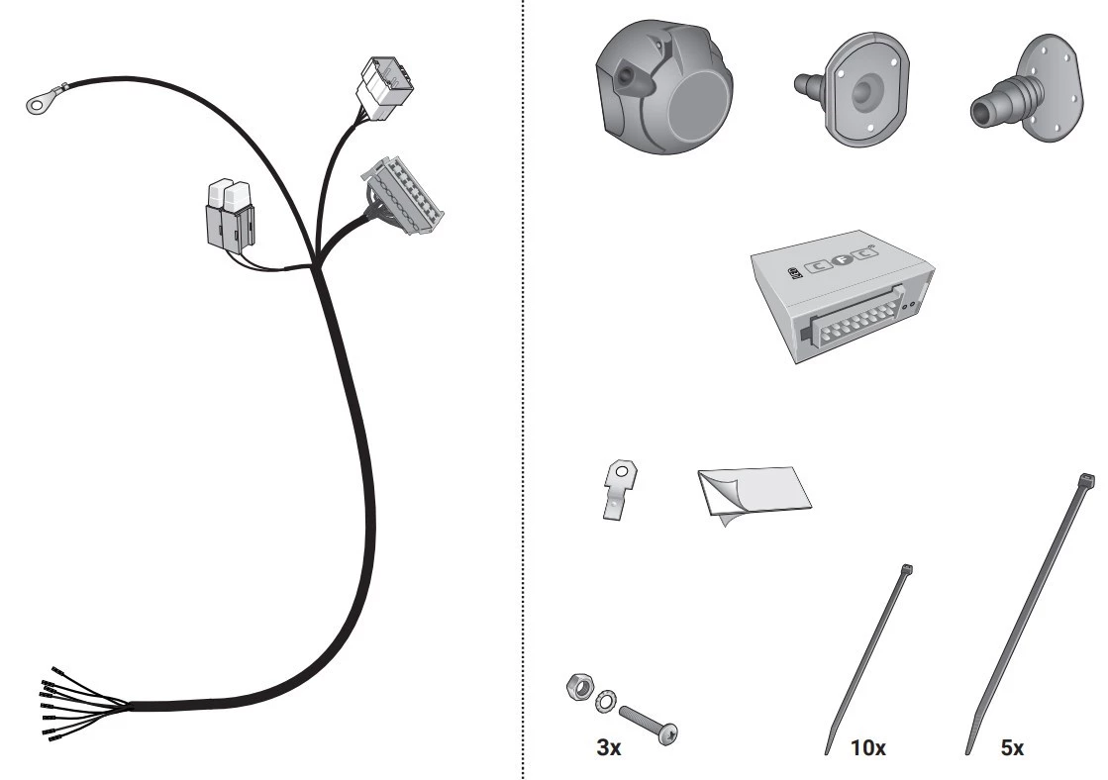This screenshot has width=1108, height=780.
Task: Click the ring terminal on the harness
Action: click(37, 104)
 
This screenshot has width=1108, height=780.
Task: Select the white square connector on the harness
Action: click(386, 90)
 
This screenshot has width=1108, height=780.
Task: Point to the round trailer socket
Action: click(662, 87)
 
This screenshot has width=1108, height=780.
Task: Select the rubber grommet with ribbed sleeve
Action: click(1027, 89)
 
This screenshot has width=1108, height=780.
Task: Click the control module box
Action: click(843, 295)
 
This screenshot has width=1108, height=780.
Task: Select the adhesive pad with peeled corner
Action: click(754, 495)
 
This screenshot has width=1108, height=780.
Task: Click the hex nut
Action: click(578, 686)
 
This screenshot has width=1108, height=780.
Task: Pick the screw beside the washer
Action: click(648, 724)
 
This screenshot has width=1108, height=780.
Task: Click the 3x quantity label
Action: click(608, 747)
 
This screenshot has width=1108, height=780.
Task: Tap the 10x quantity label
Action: click(867, 747)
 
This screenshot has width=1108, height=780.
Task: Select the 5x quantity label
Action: click(1012, 747)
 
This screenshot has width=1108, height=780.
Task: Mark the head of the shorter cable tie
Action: click(907, 569)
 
